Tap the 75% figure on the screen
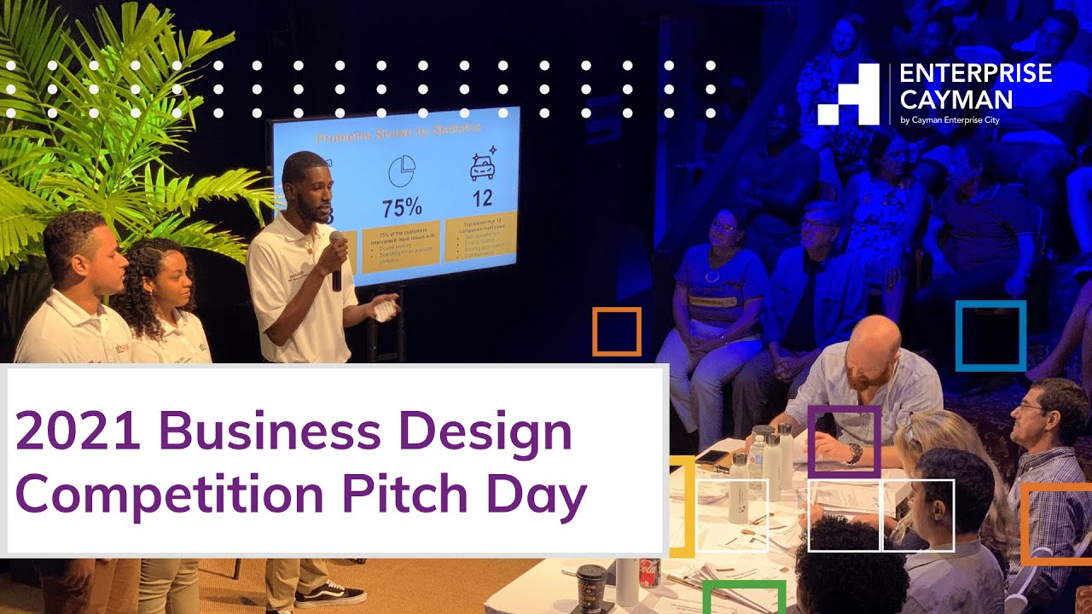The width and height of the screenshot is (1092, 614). [402, 207]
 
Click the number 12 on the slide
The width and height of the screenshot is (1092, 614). [482, 199]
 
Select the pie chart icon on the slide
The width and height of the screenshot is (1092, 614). [401, 171]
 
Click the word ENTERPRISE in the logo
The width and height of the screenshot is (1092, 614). [976, 74]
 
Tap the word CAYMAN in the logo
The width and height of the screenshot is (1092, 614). [956, 99]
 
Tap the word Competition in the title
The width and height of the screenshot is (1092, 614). [167, 494]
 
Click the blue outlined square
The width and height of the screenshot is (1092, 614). [990, 335]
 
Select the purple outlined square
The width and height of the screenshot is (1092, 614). [844, 441]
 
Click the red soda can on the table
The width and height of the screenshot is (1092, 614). [650, 573]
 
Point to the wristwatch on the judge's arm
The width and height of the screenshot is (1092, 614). [853, 454]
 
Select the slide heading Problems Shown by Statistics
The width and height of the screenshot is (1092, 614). [398, 133]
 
